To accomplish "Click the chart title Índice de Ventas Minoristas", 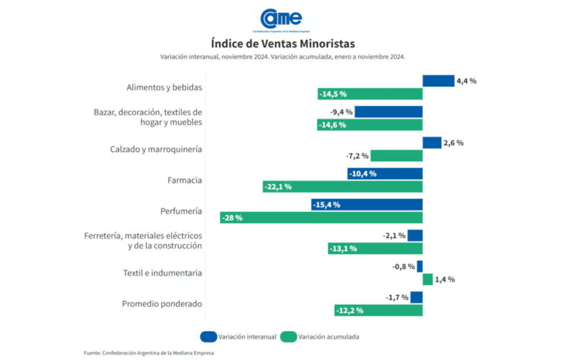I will tap(282, 43).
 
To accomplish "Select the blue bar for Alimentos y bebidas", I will tap(438, 81).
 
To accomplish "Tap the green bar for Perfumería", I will tap(321, 218).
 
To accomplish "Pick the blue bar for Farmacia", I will tap(385, 174).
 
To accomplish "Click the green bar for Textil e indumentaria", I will tap(427, 279).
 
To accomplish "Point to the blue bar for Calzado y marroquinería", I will tap(432, 143).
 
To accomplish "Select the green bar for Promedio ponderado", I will tap(378, 310).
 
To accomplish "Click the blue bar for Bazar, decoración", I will tap(388, 112).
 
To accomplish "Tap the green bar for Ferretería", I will tap(375, 248).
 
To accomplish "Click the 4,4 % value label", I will tap(466, 81).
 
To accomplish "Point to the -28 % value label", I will tap(232, 218).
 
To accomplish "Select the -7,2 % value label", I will tap(358, 156).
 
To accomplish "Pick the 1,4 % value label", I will tap(444, 279).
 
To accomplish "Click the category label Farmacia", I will tap(184, 180).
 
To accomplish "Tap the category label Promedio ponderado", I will tap(161, 304).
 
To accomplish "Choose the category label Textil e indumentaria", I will tap(161, 273).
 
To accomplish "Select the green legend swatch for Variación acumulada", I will tap(287, 336).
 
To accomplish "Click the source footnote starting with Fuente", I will tap(149, 353).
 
